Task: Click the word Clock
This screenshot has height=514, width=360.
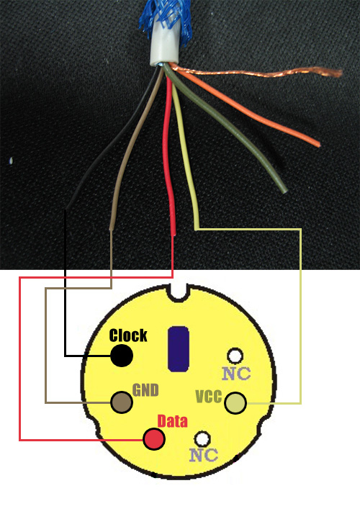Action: coord(128,335)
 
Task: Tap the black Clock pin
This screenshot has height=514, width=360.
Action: coord(121,356)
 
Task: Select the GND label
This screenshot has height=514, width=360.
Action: coord(145,389)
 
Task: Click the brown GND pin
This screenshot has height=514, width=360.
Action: coord(122,402)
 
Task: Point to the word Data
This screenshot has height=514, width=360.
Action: coord(173,421)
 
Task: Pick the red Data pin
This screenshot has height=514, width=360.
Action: coord(154,439)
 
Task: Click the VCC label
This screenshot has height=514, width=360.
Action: coord(209,397)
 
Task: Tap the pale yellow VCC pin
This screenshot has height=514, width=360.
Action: coord(235,403)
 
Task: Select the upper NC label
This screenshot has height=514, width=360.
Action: coord(236,374)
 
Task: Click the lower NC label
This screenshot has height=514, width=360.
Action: coord(203,455)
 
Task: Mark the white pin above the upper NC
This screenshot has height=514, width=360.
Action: coord(235,356)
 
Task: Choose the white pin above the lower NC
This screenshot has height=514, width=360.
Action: coord(202,438)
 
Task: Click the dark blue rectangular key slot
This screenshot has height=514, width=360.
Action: coord(179,348)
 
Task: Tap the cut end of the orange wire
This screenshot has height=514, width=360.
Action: coord(318,144)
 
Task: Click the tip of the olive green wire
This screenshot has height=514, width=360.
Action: coord(284,189)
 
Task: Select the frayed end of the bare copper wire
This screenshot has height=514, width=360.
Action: coord(334,73)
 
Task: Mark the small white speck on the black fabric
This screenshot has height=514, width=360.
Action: coord(12,161)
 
